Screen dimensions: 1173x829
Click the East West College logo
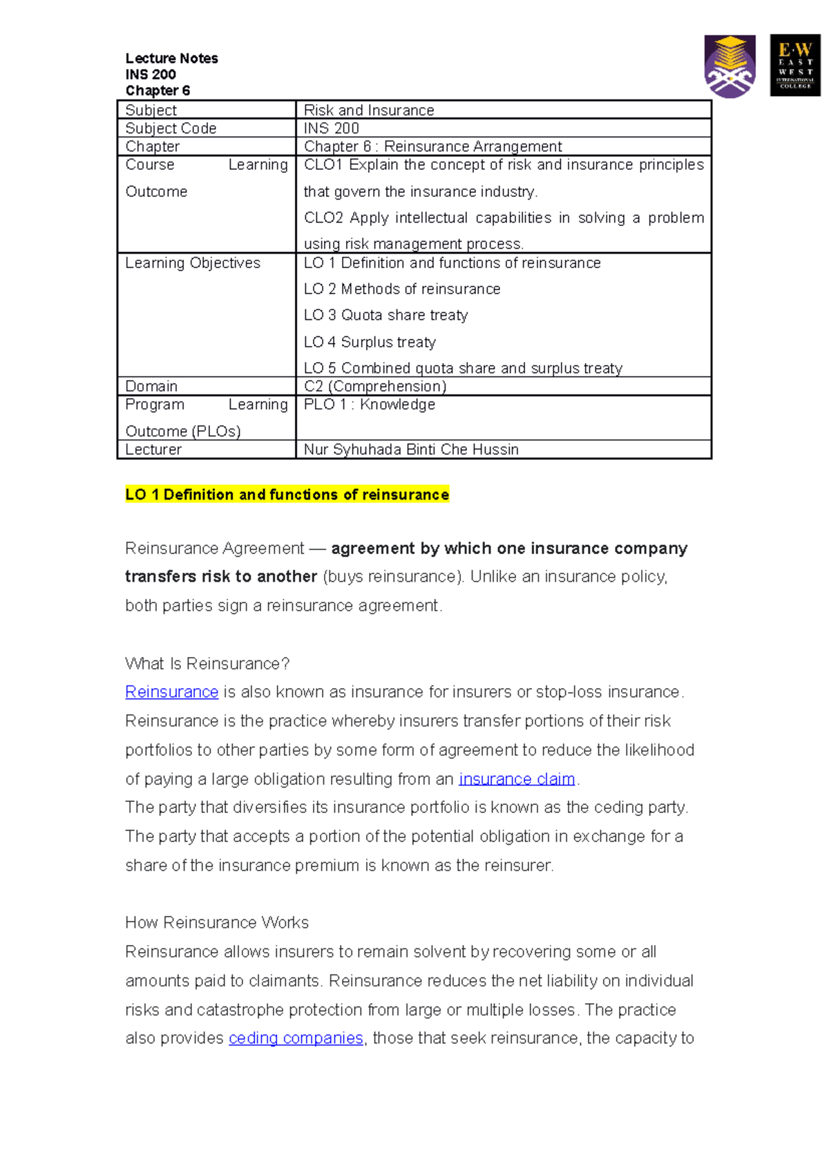(x=794, y=65)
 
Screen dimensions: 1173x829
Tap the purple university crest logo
(x=730, y=66)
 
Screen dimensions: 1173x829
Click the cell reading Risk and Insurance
(x=369, y=111)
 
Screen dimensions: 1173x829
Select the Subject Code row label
(x=171, y=128)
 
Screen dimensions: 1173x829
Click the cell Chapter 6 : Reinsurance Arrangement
(x=432, y=146)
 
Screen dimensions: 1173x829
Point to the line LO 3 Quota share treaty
(x=385, y=316)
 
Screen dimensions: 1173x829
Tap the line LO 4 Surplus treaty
(x=370, y=343)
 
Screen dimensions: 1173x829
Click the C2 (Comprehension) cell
(x=375, y=386)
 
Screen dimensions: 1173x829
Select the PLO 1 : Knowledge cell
(x=370, y=405)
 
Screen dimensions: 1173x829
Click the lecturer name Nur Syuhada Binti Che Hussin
(x=411, y=450)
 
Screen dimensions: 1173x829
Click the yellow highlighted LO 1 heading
(x=287, y=495)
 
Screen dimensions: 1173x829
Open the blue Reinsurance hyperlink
(x=171, y=692)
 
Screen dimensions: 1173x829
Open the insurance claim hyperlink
(x=517, y=779)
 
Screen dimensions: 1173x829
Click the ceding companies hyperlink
(x=296, y=1038)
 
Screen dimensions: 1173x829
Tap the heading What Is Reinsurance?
(x=207, y=664)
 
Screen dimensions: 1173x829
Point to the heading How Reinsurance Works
(x=217, y=923)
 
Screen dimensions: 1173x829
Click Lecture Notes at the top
(x=171, y=59)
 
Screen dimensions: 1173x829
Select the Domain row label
(x=151, y=386)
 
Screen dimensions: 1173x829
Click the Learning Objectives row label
(x=193, y=263)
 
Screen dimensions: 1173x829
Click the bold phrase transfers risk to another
(x=221, y=577)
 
